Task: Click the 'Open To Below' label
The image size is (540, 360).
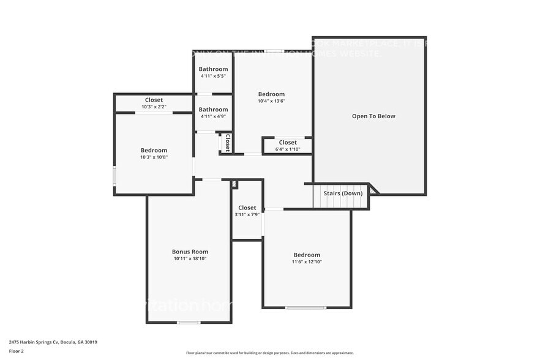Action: tap(373, 116)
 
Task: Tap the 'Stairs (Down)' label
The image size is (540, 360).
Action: tap(343, 193)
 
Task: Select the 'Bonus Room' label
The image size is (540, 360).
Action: tap(190, 252)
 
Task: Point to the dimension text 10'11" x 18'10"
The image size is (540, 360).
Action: tap(190, 259)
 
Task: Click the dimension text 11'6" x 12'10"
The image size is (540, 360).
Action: tap(307, 262)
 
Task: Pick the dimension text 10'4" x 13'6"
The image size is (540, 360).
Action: tap(271, 101)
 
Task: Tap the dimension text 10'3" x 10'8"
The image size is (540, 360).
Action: tap(154, 157)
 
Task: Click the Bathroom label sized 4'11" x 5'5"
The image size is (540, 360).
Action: tap(213, 69)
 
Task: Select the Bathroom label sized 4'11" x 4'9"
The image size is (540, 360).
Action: tap(213, 110)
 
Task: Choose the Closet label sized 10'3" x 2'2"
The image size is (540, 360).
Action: tap(154, 100)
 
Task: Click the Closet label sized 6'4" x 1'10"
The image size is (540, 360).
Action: tap(288, 142)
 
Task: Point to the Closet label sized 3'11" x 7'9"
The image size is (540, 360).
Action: tap(247, 208)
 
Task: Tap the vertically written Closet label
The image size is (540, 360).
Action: tap(227, 143)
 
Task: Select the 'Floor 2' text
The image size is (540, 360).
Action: tap(17, 351)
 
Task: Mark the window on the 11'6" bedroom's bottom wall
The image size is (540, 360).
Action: tap(306, 307)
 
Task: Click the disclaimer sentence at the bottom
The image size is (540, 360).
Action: tap(269, 353)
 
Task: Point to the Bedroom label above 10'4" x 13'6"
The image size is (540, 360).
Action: tap(271, 94)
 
